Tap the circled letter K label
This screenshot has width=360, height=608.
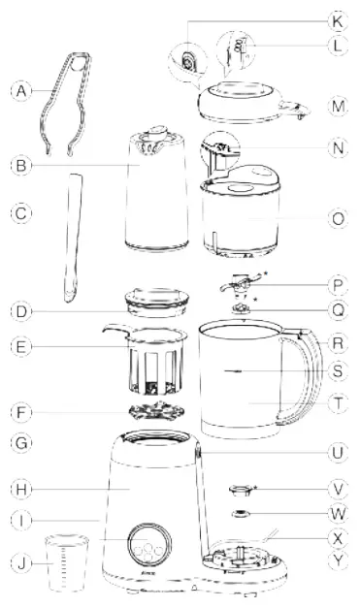tap(337, 19)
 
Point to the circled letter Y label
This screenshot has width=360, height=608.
tap(337, 560)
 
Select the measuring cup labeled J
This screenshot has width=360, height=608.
tap(66, 562)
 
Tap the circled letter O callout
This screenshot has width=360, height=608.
tap(337, 219)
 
